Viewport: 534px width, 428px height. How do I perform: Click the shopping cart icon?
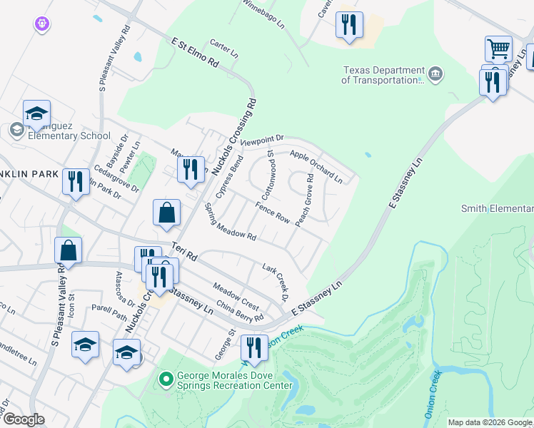(498, 49)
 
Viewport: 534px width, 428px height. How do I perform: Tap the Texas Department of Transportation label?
(383, 75)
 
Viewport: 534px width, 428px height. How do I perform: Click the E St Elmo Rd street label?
(194, 53)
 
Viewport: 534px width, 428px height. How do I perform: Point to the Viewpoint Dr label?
(262, 141)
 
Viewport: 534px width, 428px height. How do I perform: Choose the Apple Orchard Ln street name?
(316, 167)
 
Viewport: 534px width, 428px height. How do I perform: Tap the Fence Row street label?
(272, 213)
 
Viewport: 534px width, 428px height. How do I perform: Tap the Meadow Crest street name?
(235, 295)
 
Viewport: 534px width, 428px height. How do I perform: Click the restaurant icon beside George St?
(254, 347)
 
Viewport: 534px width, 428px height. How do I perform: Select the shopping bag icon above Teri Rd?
(166, 213)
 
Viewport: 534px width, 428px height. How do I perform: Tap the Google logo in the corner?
(23, 419)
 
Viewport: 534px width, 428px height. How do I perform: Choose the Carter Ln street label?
(223, 49)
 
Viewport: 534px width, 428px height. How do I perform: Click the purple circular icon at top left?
(41, 24)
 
